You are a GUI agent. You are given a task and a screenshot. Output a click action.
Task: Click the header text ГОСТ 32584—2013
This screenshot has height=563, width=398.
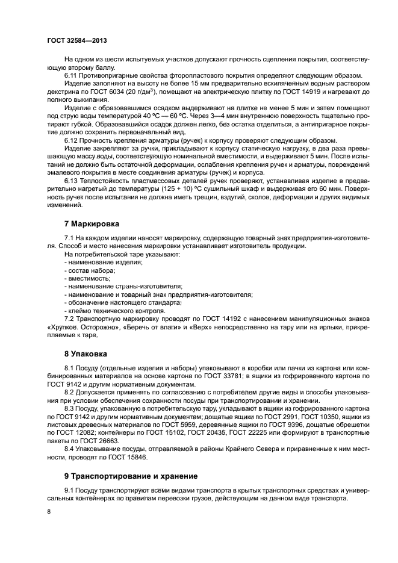[76, 40]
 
